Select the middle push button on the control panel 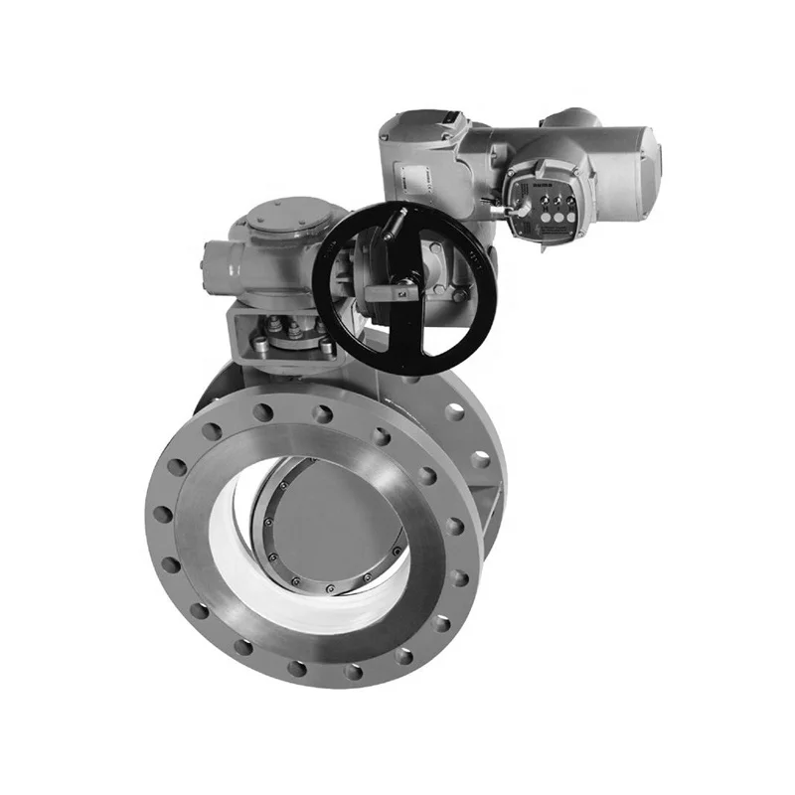(x=552, y=212)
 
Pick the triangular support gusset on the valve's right (x=492, y=497)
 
